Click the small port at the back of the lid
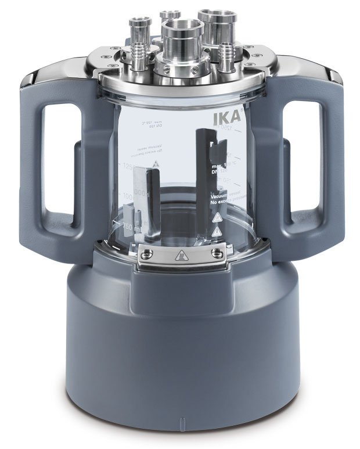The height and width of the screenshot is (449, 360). coord(170,17)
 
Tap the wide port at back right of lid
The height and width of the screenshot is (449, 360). coord(213,23)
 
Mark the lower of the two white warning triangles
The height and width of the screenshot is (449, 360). coord(217,232)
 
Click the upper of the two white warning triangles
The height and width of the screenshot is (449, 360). coord(217,218)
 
